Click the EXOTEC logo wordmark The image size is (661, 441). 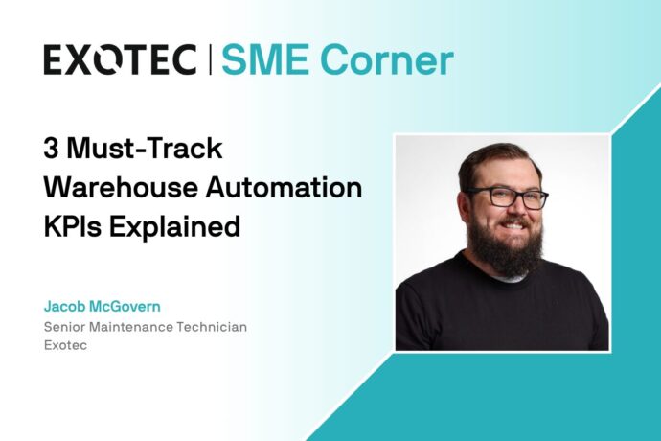pos(120,59)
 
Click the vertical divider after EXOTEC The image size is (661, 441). pos(209,59)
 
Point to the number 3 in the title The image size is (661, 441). pos(51,148)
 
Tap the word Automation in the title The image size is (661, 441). pos(286,189)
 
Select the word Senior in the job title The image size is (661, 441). pos(65,327)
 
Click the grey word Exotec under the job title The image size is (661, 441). pos(64,345)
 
